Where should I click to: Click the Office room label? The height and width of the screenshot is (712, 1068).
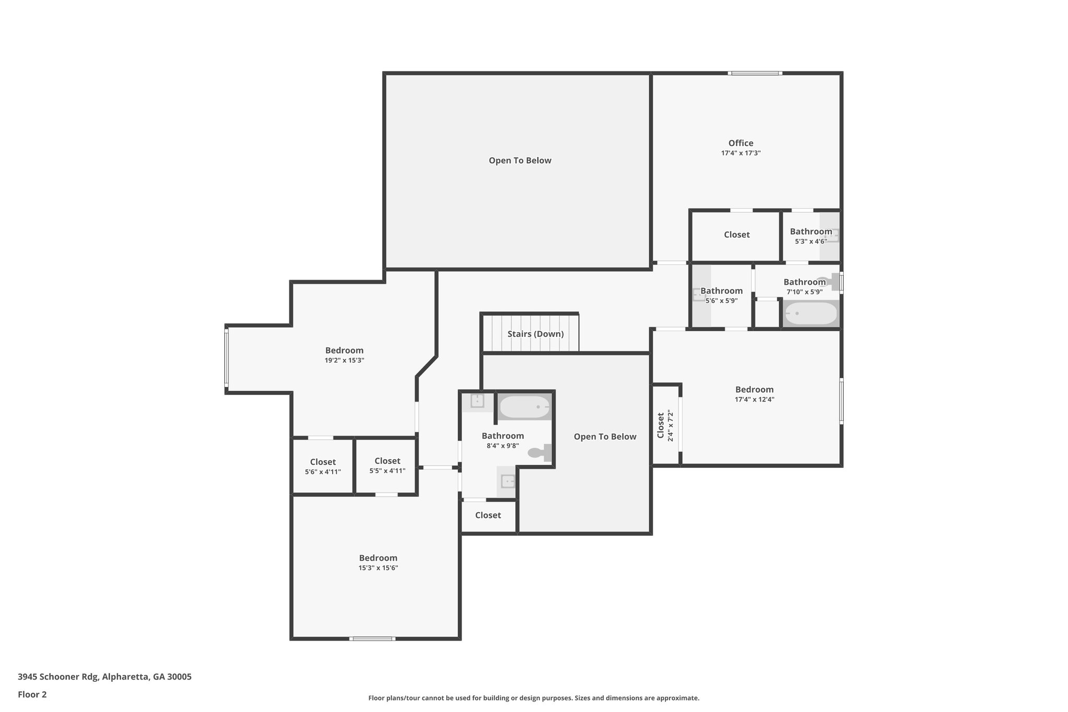[741, 143]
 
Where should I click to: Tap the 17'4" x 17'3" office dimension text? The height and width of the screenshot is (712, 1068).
[741, 153]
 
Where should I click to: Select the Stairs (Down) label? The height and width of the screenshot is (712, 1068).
[536, 334]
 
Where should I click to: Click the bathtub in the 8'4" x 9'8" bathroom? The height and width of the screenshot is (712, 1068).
[524, 406]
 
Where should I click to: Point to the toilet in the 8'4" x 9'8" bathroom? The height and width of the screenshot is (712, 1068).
[539, 452]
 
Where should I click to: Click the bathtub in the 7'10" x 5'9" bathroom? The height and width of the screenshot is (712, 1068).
[810, 313]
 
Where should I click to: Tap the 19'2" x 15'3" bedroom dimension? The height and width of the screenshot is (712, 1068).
[344, 360]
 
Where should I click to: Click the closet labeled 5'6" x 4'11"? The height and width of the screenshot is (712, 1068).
[323, 466]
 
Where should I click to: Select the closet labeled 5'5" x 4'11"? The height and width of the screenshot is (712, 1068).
[387, 465]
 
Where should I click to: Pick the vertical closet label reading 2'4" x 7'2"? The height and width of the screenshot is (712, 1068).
[665, 426]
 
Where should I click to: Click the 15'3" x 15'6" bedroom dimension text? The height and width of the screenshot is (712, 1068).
[378, 568]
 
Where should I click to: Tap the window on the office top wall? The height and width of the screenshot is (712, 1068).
[755, 73]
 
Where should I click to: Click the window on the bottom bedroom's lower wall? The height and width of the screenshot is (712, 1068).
[372, 638]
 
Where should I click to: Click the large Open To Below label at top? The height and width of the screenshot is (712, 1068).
[520, 161]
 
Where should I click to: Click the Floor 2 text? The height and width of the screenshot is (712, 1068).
[32, 694]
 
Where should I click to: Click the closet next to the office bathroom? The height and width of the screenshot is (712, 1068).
[736, 235]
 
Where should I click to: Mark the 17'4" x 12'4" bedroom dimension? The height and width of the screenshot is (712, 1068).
[754, 400]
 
